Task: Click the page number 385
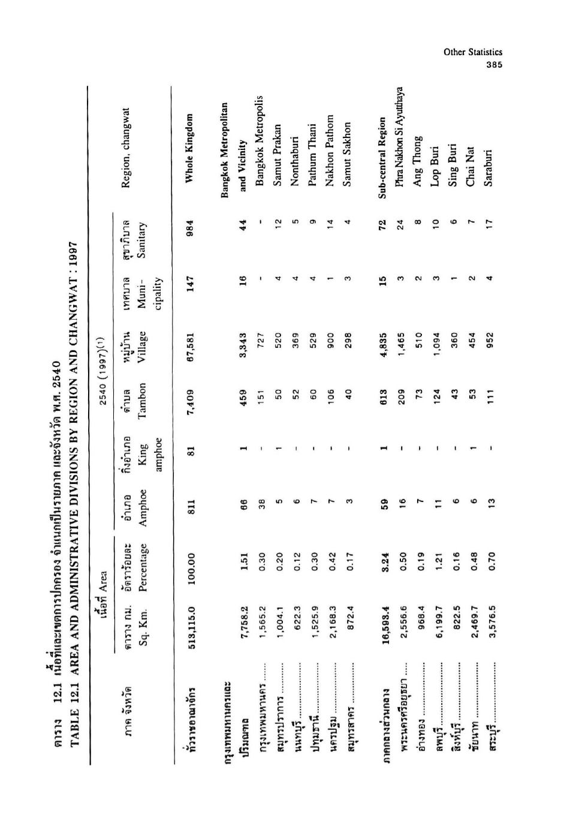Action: (x=494, y=65)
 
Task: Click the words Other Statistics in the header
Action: (x=472, y=53)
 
